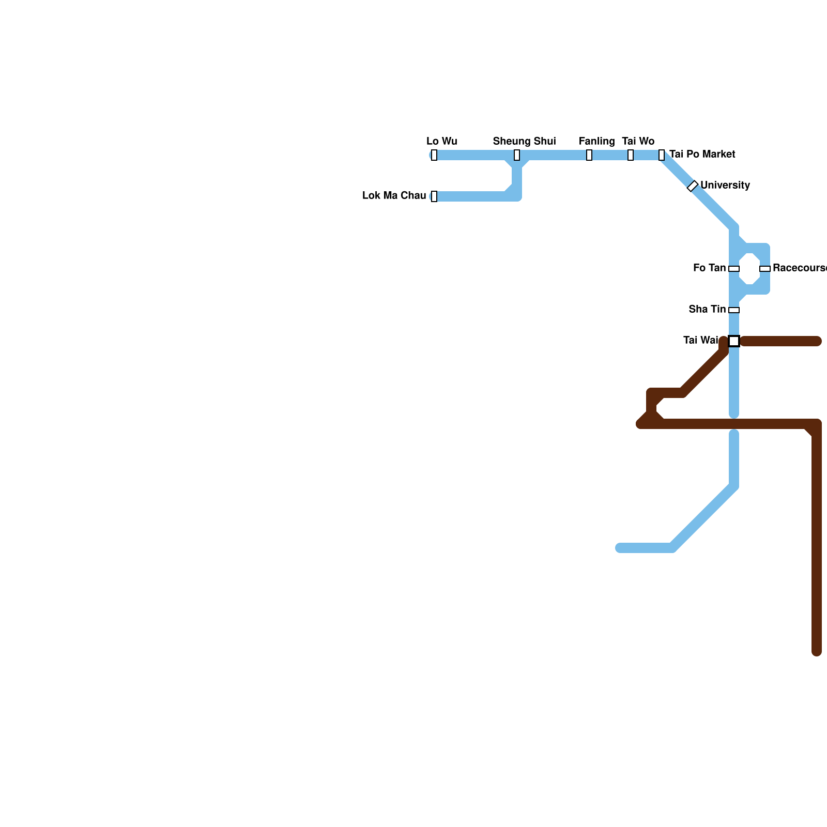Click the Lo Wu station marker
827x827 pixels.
434,155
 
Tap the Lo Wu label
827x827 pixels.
441,142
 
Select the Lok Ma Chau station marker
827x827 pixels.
434,196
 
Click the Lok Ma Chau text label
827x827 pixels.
394,196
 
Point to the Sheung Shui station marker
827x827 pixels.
517,155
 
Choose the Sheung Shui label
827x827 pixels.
524,142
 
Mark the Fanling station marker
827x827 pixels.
589,155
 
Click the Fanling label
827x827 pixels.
596,142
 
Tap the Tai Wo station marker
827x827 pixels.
631,155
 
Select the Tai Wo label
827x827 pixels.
638,142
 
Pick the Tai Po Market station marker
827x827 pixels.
662,155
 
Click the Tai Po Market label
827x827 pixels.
702,155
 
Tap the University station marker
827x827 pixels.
693,186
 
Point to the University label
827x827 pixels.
725,186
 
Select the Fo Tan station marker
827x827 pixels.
734,269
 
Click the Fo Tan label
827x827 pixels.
709,268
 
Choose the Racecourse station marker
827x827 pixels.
765,269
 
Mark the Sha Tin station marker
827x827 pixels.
734,310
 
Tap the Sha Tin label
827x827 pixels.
707,310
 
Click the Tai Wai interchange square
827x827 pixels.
734,341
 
